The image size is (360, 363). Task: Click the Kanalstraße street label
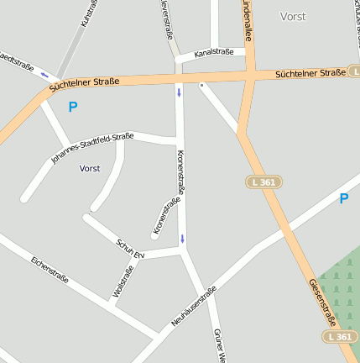coord(212,53)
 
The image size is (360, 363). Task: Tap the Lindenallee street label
coord(247,20)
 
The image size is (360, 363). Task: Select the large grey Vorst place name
coord(293,16)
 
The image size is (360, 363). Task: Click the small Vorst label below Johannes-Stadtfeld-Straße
coord(90,168)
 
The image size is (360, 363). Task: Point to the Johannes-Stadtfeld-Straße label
coord(92,146)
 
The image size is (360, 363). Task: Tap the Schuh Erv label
coord(130,247)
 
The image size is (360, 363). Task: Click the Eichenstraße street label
coord(50,269)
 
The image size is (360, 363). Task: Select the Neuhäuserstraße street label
coord(194,307)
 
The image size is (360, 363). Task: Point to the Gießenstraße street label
coord(322,302)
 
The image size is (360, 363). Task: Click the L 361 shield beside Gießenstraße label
coord(340,336)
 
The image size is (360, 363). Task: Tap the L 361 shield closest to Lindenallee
coord(264,181)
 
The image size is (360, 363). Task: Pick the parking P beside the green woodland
coord(343,199)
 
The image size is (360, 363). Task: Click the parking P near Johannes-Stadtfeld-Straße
coord(73,107)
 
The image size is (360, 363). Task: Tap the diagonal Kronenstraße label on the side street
coord(167,216)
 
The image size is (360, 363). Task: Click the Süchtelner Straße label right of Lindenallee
coord(310,74)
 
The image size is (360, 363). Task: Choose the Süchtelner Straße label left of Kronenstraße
coord(84,84)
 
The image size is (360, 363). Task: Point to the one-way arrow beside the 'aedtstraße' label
coord(44,74)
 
